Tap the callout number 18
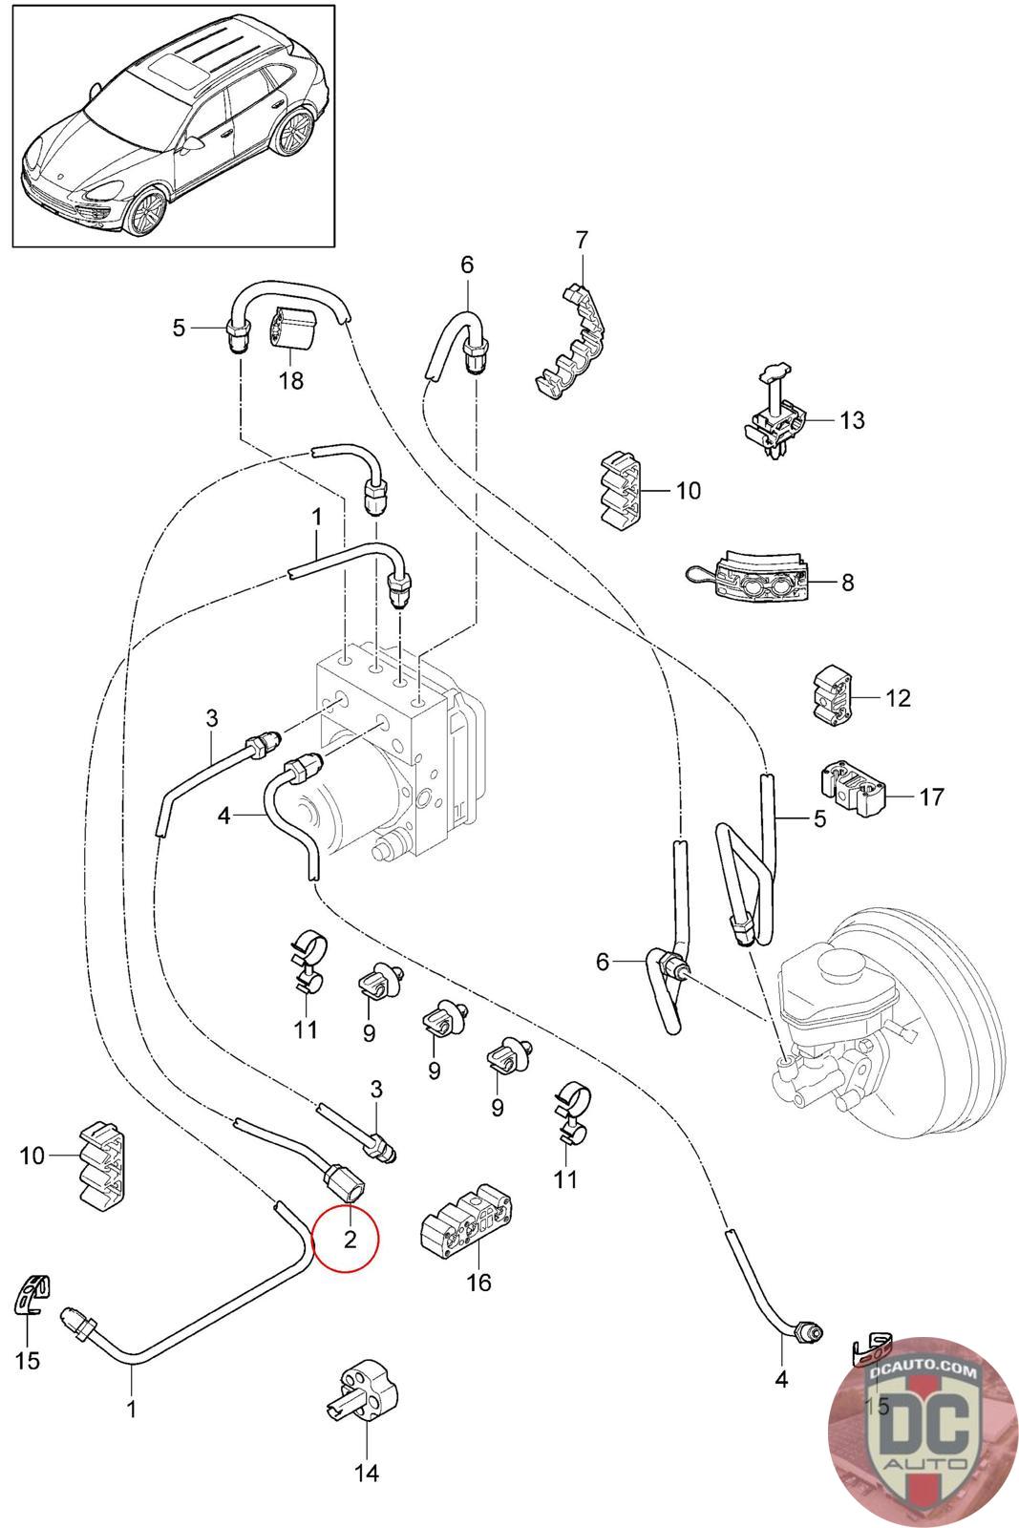[291, 380]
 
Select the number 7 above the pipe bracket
[581, 240]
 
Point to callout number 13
[852, 420]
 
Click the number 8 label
[848, 582]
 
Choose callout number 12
[898, 698]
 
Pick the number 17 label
[932, 796]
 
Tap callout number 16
[478, 1282]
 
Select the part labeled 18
[295, 328]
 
